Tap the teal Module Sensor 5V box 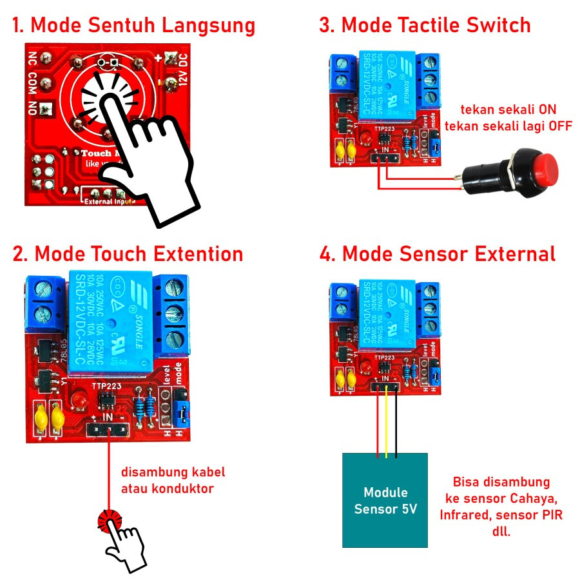click(x=385, y=499)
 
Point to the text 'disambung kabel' click(x=173, y=472)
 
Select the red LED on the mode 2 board click(x=82, y=400)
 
